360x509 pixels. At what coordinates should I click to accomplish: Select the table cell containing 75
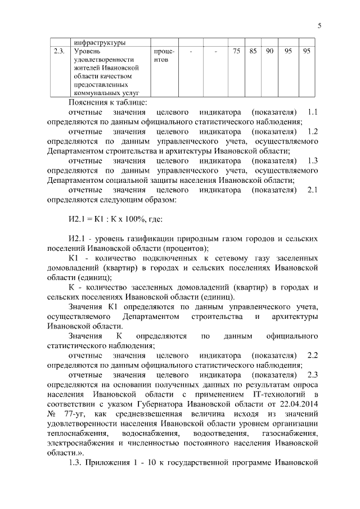pyautogui.click(x=236, y=51)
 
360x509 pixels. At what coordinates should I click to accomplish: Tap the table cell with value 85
pyautogui.click(x=253, y=51)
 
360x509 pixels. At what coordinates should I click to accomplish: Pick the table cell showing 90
pyautogui.click(x=270, y=51)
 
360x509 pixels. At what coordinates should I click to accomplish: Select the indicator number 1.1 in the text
pyautogui.click(x=313, y=111)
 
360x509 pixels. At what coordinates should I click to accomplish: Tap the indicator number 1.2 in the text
pyautogui.click(x=313, y=131)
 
